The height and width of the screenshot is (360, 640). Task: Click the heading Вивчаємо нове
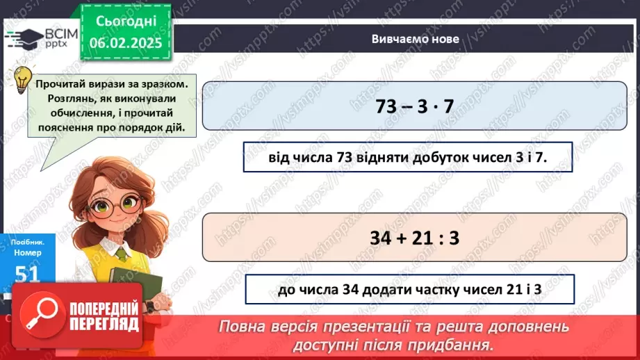(415, 39)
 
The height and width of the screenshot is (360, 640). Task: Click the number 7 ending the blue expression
(448, 106)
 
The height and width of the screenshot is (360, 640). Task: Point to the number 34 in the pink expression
(385, 238)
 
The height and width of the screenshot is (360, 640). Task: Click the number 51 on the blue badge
(27, 274)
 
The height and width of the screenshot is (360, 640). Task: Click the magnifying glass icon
(40, 316)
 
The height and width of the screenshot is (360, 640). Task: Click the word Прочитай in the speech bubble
(61, 83)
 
